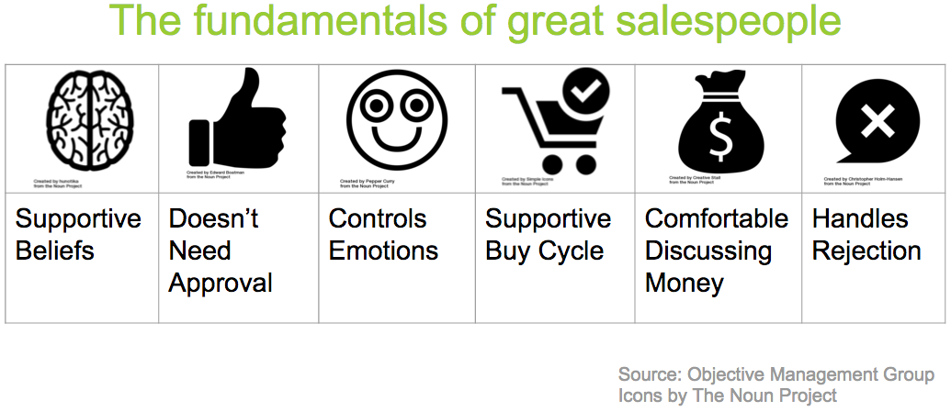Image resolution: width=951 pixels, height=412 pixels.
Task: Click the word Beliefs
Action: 55,251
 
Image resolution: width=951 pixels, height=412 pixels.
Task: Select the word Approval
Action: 221,283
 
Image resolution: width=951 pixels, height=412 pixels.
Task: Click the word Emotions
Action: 383,251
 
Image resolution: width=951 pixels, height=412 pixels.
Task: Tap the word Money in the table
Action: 684,283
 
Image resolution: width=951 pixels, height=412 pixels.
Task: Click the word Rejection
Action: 866,251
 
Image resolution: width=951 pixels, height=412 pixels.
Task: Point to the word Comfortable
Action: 717,218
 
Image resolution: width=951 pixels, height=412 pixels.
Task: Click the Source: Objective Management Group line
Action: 776,375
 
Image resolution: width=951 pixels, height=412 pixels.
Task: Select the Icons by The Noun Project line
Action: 728,395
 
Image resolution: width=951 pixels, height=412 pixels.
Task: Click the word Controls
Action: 378,218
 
